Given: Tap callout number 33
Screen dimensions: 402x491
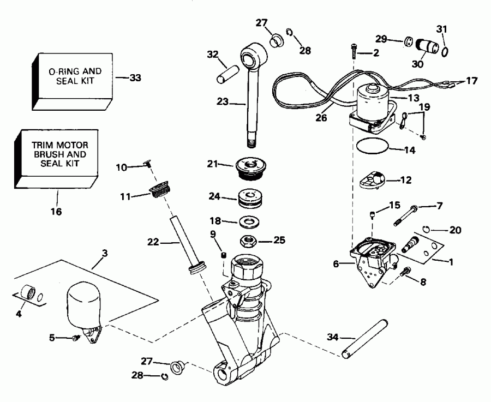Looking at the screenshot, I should pos(135,78).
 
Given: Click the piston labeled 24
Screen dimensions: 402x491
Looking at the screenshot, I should pos(252,199).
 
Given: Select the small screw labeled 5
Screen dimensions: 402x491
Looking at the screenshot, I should pos(76,338).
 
